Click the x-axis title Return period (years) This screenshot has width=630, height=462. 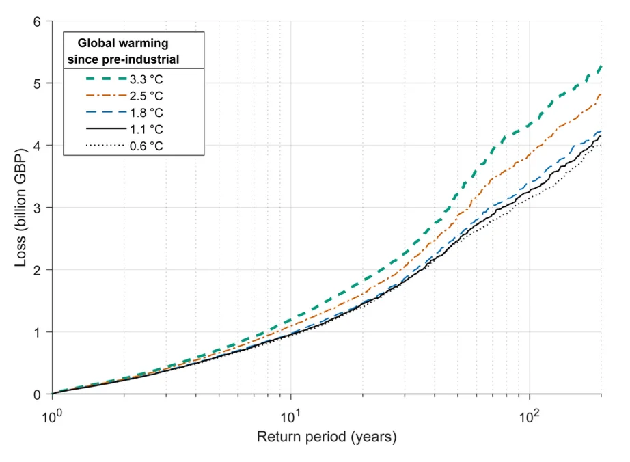point(327,436)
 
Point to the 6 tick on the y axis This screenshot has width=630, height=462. point(38,22)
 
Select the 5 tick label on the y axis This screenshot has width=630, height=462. point(38,83)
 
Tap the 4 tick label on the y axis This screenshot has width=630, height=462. point(38,146)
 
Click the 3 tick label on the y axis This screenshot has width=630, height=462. point(38,208)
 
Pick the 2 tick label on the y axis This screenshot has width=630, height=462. point(38,270)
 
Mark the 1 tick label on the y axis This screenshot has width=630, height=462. point(38,332)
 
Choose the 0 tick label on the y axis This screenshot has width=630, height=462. point(38,394)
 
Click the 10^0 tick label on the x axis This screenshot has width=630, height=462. point(53,413)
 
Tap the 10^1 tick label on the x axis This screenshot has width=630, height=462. point(292,413)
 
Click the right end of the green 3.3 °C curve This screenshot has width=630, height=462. point(601,66)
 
